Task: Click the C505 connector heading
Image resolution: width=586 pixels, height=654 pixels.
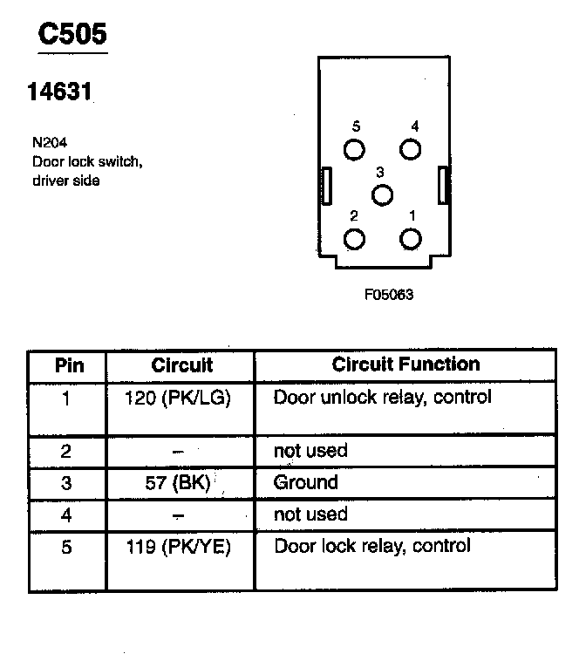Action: point(72,34)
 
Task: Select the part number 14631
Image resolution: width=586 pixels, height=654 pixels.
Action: point(61,91)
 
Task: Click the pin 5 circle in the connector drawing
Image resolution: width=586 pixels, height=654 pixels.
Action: point(354,149)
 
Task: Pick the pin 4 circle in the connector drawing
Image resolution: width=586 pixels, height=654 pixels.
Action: point(410,149)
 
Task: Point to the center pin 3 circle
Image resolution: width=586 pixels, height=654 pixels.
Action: point(382,194)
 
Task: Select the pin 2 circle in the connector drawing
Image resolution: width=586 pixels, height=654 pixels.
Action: point(354,239)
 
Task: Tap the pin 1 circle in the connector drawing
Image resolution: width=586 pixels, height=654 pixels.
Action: point(410,239)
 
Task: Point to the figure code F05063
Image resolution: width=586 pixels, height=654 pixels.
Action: point(388,294)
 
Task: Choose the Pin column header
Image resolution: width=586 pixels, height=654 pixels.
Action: point(69,364)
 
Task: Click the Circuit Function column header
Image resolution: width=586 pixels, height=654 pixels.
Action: point(405,364)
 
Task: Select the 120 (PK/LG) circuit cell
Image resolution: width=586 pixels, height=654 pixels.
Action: point(181,398)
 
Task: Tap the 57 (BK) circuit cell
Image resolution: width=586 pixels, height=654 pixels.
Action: point(181,482)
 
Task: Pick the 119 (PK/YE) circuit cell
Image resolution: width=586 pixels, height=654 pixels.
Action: point(181,547)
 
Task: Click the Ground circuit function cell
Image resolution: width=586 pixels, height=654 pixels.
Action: point(306,482)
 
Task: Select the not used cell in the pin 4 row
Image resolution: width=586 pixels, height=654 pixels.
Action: point(310,514)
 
